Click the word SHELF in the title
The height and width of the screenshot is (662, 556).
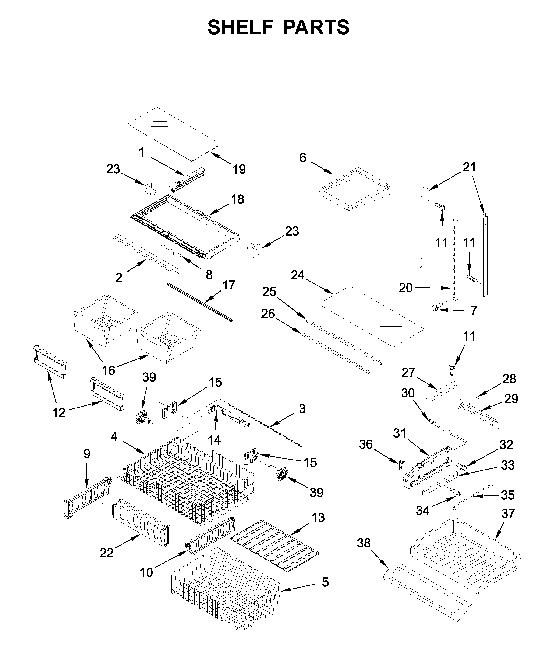(x=240, y=28)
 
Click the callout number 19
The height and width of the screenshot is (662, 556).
(x=239, y=169)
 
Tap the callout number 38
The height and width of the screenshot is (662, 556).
(x=364, y=552)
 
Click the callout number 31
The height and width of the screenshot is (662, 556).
(x=400, y=433)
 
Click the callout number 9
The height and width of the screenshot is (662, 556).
(x=86, y=454)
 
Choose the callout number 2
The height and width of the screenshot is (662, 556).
(x=119, y=277)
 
